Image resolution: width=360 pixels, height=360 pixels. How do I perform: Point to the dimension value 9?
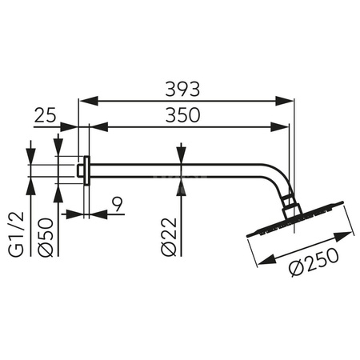[x=117, y=205]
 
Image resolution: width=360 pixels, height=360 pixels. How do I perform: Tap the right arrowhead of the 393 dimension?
[x=289, y=100]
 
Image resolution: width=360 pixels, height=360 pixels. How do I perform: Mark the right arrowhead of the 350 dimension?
[x=283, y=126]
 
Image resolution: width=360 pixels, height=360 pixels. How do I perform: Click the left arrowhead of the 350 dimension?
[x=97, y=126]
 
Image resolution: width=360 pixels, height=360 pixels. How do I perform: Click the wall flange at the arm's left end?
[x=84, y=169]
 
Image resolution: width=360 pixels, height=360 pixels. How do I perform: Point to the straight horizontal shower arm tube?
[x=176, y=169]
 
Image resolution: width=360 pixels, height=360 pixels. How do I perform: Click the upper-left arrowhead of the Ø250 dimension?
[x=258, y=264]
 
